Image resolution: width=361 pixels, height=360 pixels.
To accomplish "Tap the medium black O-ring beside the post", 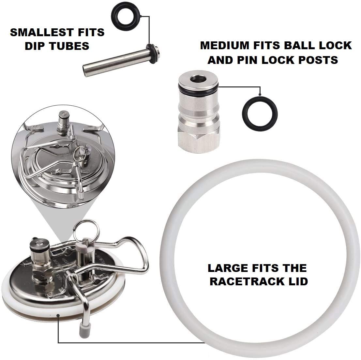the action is coord(248,114).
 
